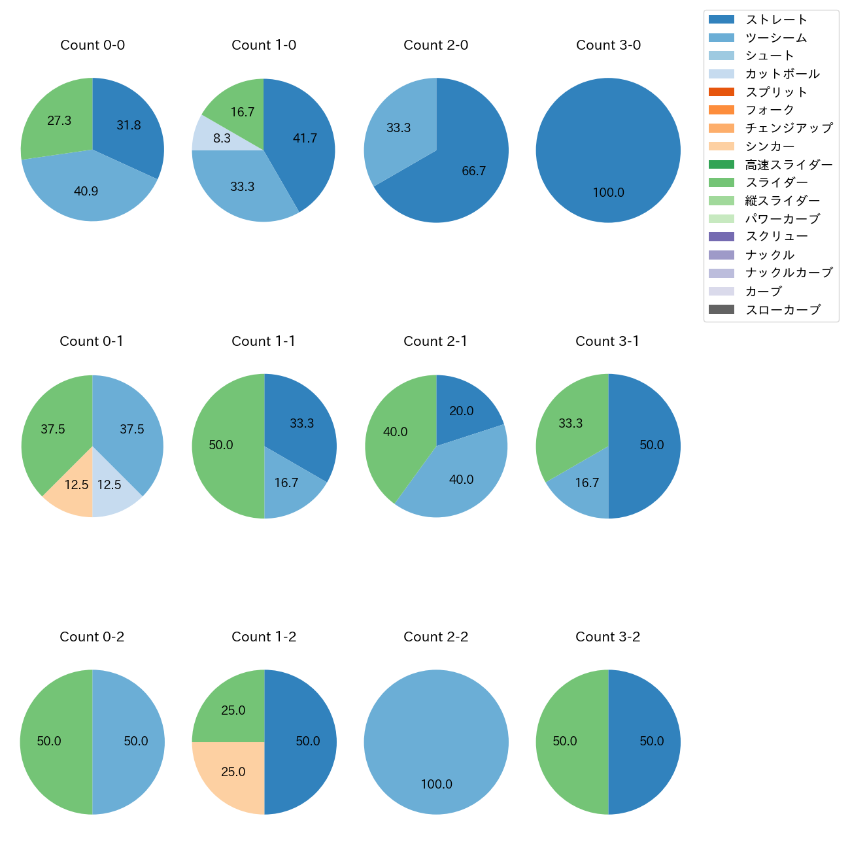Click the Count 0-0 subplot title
point(92,45)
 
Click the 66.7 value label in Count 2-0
point(473,171)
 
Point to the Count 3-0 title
point(608,45)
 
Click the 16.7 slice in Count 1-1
point(288,487)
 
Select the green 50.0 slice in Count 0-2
point(52,741)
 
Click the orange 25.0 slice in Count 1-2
point(232,775)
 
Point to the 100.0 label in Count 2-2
point(436,784)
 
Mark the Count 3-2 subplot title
point(607,637)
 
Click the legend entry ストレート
point(776,20)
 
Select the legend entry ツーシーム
point(775,38)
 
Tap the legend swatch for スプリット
point(721,92)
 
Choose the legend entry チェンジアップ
point(789,128)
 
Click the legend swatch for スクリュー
point(721,237)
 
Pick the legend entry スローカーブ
point(783,310)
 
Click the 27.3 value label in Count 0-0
point(59,121)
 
